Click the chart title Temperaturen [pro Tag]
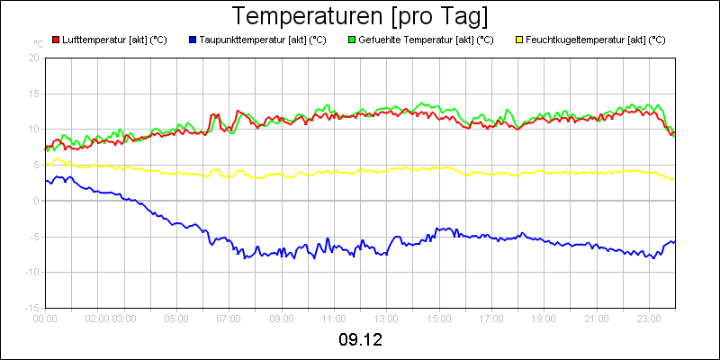coord(360,16)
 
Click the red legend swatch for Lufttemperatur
coord(56,40)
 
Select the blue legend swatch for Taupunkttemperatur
coord(193,40)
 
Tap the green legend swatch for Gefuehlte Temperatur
coord(351,40)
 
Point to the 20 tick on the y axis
coord(34,58)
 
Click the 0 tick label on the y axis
coord(37,201)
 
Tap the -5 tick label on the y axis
coord(34,237)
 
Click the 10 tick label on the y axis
coord(34,129)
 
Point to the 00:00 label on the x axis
coord(46,318)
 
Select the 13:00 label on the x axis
coord(387,318)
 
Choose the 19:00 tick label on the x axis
coord(544,318)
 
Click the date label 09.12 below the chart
coord(360,340)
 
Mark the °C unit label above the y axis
coord(38,43)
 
